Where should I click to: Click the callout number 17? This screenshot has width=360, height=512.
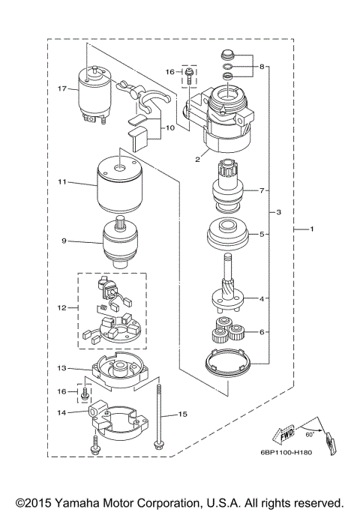click(x=63, y=88)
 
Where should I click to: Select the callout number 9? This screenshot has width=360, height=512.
click(x=65, y=241)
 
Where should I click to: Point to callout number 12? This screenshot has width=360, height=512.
click(x=63, y=307)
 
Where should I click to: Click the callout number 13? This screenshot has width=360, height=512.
click(x=63, y=368)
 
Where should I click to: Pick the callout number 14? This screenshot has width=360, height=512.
click(x=63, y=412)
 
